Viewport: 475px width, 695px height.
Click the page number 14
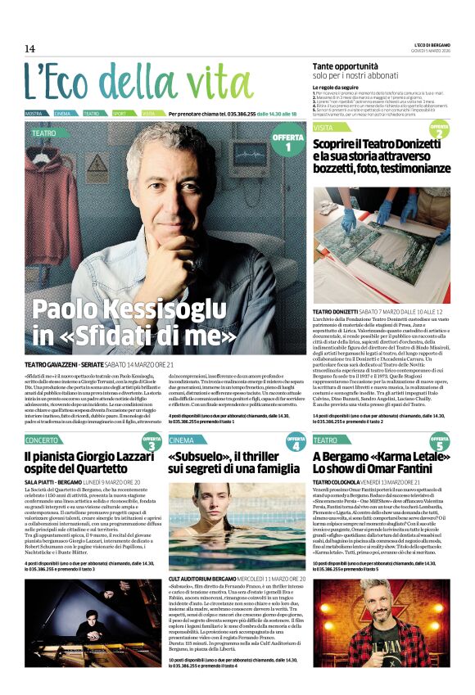pyautogui.click(x=30, y=48)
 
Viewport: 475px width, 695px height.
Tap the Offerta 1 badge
pyautogui.click(x=287, y=142)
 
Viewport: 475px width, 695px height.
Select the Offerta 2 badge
pyautogui.click(x=440, y=132)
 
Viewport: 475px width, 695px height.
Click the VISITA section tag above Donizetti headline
pyautogui.click(x=323, y=128)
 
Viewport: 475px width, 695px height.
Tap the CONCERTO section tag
pyautogui.click(x=42, y=440)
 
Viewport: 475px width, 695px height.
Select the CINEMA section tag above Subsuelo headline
pyautogui.click(x=182, y=440)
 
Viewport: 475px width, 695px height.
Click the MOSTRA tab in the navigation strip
pyautogui.click(x=34, y=113)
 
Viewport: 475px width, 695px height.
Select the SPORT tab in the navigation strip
pyautogui.click(x=120, y=113)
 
